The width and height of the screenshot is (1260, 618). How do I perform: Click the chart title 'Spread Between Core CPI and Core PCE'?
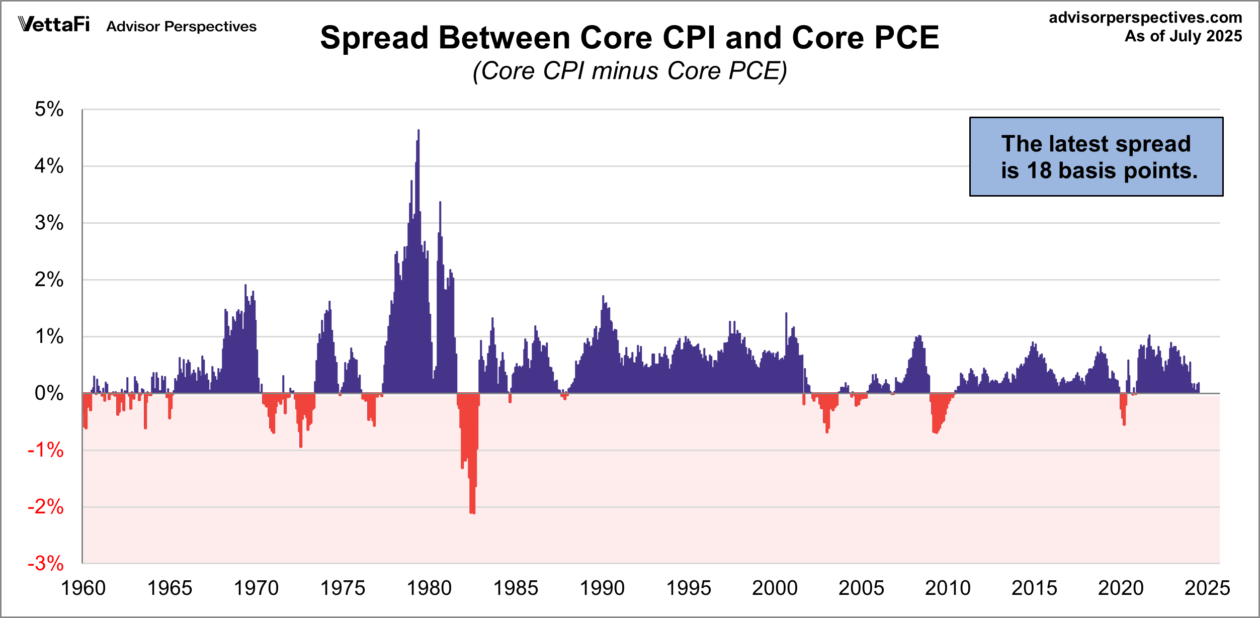pos(629,38)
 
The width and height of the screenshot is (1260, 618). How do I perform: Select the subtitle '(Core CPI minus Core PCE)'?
pos(629,71)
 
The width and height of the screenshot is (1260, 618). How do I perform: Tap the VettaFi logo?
pos(54,24)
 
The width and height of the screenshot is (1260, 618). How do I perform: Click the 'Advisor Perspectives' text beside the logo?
pos(181,26)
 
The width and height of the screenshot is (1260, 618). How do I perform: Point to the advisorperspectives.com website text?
pos(1145,18)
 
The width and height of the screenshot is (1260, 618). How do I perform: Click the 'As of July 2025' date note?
pos(1183,36)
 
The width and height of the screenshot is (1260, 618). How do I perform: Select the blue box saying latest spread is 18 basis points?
pos(1096,156)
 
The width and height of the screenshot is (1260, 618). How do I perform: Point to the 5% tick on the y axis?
pos(49,109)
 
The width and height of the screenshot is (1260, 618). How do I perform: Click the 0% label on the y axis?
pos(49,393)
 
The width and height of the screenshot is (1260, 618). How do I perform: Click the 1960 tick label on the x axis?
pos(83,588)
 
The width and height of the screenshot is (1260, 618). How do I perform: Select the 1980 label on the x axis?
pos(429,588)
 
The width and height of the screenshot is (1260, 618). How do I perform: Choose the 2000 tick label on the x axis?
pos(775,588)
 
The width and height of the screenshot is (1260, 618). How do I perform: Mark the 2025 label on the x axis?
pos(1207,588)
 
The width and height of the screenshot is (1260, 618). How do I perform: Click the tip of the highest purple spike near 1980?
pos(418,131)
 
